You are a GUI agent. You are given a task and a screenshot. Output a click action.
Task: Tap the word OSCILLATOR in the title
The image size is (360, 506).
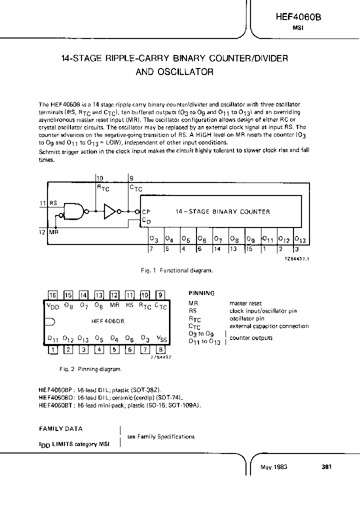pos(187,71)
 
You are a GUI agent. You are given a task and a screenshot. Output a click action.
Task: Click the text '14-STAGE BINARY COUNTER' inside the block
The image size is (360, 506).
pos(222,211)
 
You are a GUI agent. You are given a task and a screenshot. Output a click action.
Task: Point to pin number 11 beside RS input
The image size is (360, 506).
pos(42,203)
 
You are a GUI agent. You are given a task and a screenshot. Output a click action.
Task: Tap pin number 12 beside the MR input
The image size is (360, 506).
pos(42,232)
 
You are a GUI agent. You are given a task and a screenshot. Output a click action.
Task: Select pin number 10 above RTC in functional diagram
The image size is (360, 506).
pos(99,178)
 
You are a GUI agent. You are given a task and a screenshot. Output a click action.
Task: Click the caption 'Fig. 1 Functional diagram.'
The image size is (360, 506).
pos(177,270)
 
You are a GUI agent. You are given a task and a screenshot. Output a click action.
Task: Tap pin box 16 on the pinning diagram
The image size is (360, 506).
pos(52,295)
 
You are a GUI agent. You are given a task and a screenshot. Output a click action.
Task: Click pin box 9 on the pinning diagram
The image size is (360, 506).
pos(160,295)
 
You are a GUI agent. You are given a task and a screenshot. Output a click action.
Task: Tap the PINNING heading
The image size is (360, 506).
pos(201,293)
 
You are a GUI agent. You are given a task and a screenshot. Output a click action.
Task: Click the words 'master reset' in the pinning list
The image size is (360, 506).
pos(245,303)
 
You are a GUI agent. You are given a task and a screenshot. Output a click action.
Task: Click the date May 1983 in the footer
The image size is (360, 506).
pos(273,466)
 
